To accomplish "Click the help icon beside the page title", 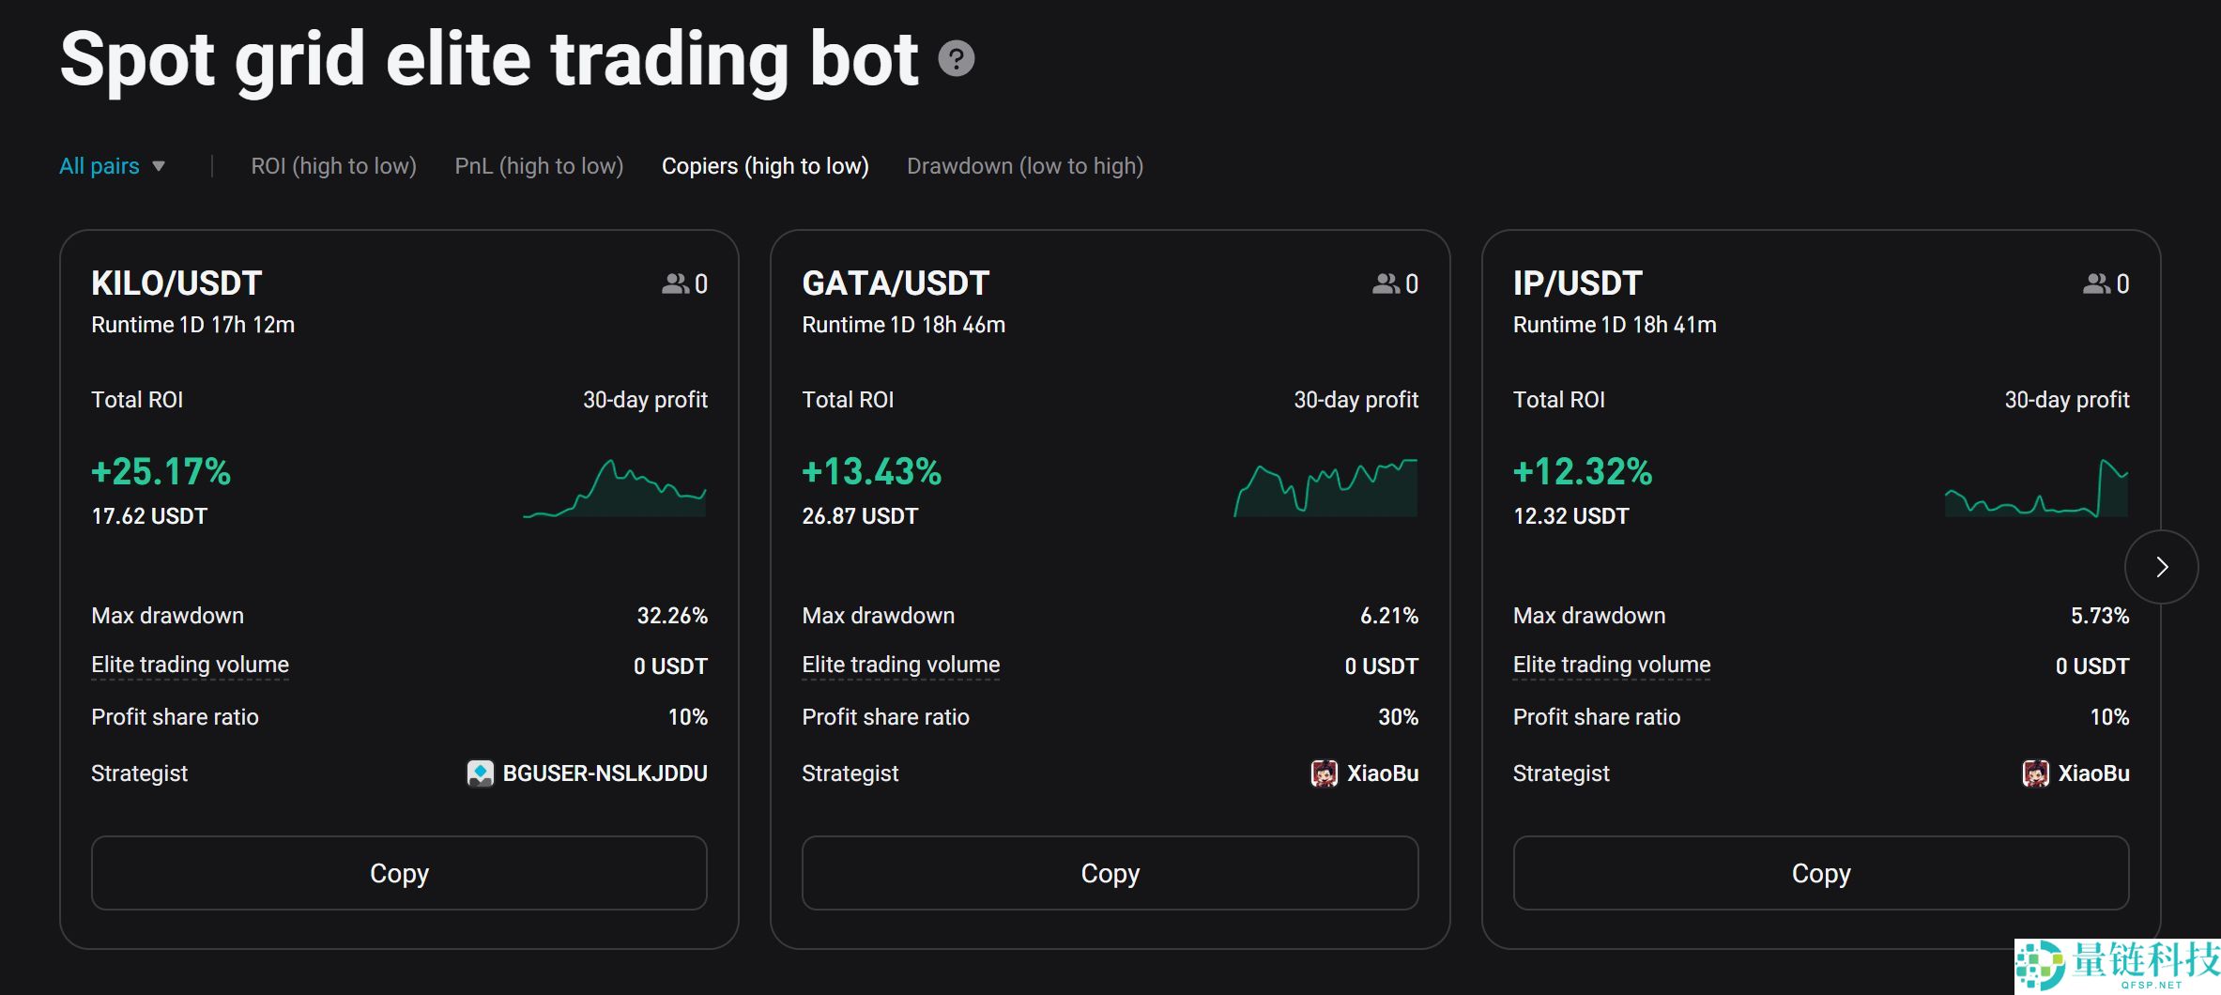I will point(957,59).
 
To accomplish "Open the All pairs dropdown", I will point(112,166).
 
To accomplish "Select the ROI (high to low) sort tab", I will point(333,166).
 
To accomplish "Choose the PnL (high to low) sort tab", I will point(539,166).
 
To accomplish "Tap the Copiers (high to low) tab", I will point(765,166).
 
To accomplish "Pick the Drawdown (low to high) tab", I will point(1025,166).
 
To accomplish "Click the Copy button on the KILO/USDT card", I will point(399,873).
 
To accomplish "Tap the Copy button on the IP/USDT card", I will point(1820,873).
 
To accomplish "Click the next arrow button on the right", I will point(2161,567).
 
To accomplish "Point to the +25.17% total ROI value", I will point(161,471).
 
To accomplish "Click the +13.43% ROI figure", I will point(871,471).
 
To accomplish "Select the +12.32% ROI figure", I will point(1582,471).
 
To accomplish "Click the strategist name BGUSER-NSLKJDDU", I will point(605,773).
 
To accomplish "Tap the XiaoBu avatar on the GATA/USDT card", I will point(1324,773).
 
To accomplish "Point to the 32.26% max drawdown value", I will point(672,616).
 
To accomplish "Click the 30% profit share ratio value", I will point(1398,717).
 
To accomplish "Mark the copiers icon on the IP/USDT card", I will point(2096,283).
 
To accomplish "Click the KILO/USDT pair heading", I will point(176,283).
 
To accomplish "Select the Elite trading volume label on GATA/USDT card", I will point(900,666).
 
